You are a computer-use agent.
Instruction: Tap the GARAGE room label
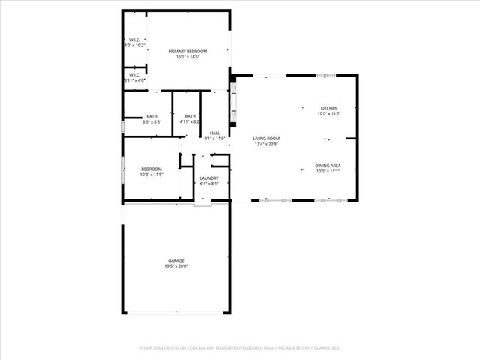point(176,260)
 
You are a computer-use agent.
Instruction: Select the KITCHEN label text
point(329,108)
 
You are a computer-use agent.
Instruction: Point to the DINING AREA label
point(328,166)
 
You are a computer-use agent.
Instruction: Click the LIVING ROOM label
point(266,139)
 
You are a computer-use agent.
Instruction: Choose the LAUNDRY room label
point(209,178)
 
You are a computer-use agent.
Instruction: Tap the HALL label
point(214,133)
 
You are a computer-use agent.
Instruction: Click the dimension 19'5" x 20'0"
point(176,266)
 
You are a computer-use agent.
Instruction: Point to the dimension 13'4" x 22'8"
point(266,145)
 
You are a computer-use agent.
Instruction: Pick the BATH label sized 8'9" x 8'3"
point(152,116)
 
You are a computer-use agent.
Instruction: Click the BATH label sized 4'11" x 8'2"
point(190,116)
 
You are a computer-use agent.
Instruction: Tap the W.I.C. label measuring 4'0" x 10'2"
point(133,40)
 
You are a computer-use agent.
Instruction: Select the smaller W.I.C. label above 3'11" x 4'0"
point(133,74)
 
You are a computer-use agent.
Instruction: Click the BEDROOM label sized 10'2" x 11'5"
point(151,169)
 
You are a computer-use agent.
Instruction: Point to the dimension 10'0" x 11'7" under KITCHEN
point(329,114)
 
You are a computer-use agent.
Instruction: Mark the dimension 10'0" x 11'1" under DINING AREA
point(328,172)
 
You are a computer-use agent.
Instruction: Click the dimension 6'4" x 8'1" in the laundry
point(209,184)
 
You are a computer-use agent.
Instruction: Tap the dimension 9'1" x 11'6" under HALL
point(215,139)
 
